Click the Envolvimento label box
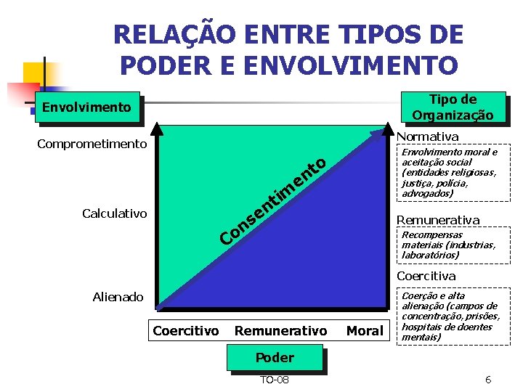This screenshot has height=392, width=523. click(87, 107)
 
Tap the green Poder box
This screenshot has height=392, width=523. click(275, 357)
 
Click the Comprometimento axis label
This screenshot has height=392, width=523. click(92, 144)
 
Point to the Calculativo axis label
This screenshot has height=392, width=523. click(114, 213)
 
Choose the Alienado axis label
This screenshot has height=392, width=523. click(118, 297)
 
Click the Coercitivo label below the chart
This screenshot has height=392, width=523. click(185, 331)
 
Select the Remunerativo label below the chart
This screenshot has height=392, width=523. click(280, 331)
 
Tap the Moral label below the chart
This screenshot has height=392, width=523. click(365, 331)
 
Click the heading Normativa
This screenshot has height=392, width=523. click(428, 136)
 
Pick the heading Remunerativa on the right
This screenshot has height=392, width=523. click(438, 219)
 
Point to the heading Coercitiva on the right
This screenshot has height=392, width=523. click(426, 276)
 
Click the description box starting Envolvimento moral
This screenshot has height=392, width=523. click(452, 173)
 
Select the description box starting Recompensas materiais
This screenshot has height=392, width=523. click(452, 245)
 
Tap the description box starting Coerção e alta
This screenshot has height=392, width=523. click(452, 317)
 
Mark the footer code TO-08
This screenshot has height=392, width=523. click(274, 380)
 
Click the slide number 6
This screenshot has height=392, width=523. click(488, 380)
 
